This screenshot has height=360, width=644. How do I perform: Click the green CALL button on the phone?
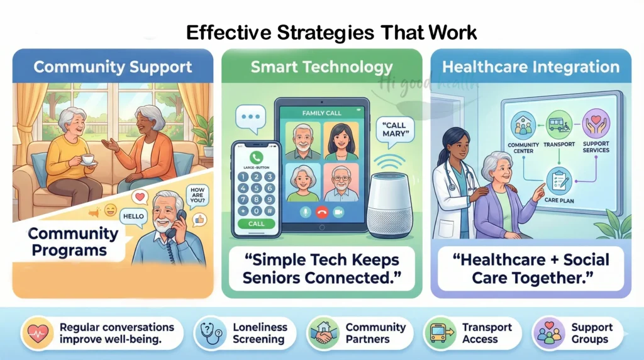(256, 223)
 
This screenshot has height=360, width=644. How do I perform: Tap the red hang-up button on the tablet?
(323, 213)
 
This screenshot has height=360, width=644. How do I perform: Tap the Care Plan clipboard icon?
(559, 181)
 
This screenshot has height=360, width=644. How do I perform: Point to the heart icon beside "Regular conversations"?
(36, 333)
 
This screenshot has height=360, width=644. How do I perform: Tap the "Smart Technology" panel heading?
(321, 67)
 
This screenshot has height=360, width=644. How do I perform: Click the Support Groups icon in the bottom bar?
(548, 333)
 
